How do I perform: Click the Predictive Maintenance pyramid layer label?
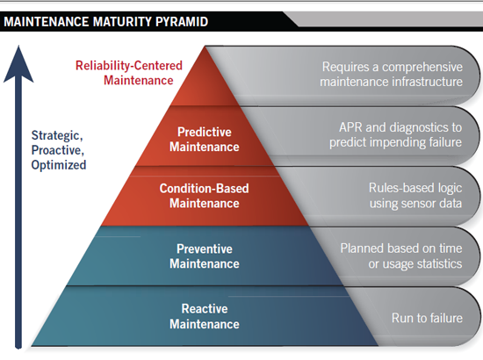[204, 139]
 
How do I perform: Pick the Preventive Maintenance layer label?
[204, 256]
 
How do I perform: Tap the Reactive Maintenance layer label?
[204, 316]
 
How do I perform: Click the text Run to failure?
[426, 317]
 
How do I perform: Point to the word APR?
[350, 124]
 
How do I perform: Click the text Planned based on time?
[401, 248]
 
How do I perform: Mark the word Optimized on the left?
[59, 164]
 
